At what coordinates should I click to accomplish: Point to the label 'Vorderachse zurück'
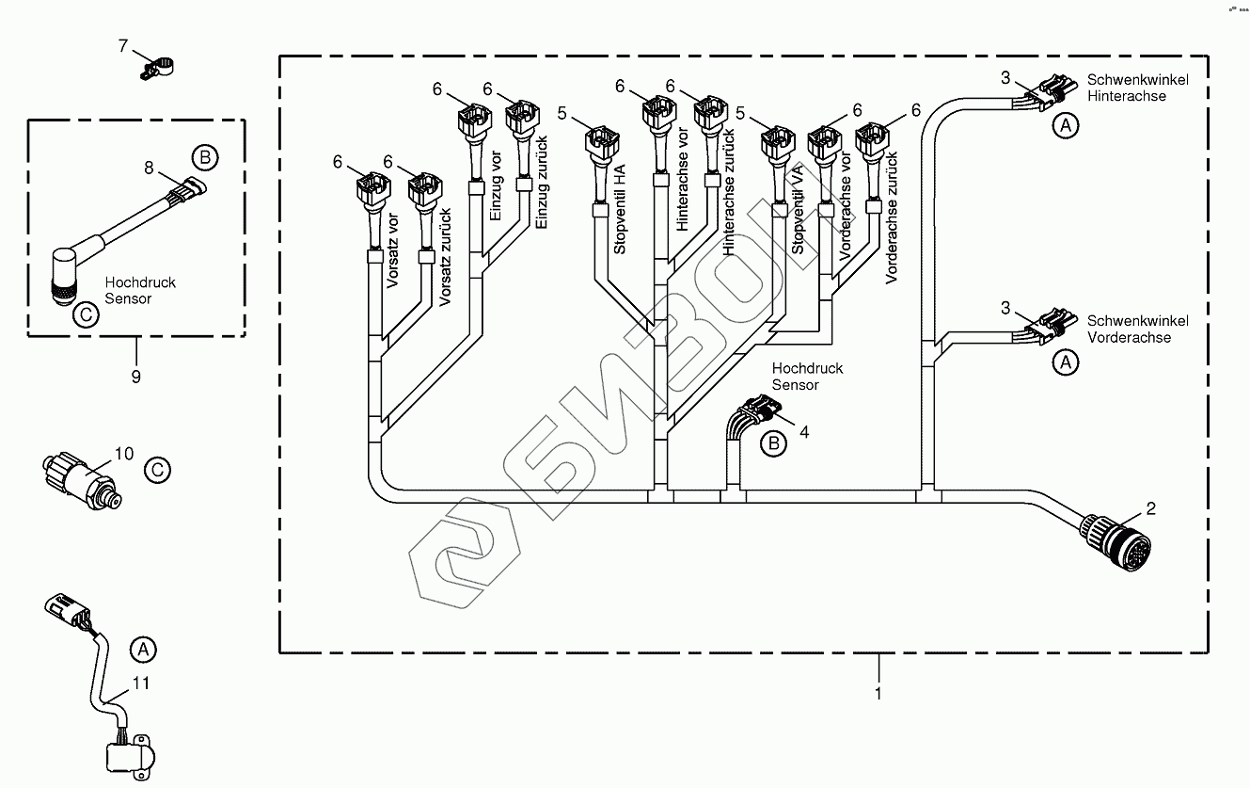point(893,232)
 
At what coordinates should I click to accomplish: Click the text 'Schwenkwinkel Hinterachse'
point(1125,88)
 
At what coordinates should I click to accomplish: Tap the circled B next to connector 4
point(773,443)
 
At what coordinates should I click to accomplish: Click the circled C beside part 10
point(158,469)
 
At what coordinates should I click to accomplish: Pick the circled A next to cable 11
point(143,649)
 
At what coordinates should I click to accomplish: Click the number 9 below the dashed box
point(135,377)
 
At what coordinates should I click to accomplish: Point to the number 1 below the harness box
point(878,694)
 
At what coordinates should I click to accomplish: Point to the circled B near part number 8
point(204,157)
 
